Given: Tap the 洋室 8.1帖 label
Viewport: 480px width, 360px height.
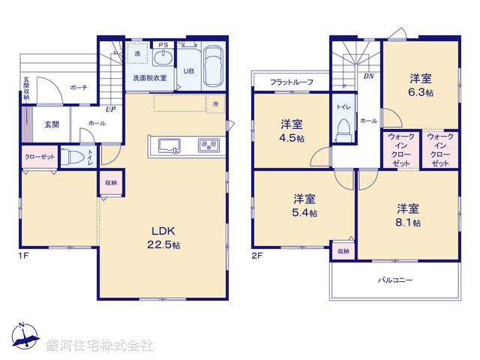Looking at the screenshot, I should tap(408, 215).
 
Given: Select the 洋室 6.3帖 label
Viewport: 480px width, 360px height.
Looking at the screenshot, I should tap(421, 84).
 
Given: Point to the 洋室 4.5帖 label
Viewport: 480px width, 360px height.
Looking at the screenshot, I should tap(292, 131).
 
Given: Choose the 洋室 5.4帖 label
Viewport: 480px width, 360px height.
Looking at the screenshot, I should tap(304, 205).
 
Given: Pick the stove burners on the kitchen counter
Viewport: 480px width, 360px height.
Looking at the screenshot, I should tap(207, 144).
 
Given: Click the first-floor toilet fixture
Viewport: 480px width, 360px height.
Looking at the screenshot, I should tap(73, 157).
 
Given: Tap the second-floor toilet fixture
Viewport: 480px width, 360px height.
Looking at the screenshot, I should tap(344, 132).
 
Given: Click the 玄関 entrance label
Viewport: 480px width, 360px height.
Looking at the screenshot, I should tap(52, 124).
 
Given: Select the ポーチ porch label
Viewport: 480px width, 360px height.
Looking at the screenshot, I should tap(79, 88).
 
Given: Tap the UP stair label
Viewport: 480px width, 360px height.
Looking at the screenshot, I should tap(110, 109).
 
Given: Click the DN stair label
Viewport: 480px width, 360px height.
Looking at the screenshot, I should tap(369, 76).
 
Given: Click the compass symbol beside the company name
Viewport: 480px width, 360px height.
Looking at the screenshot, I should tap(25, 338).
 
